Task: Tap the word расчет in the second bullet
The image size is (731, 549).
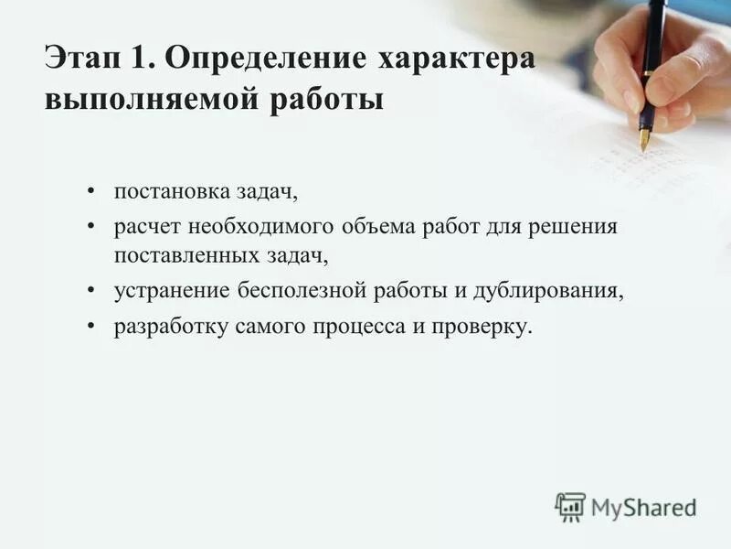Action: (142, 226)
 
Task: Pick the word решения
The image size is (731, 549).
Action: (573, 226)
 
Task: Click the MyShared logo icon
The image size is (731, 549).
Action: (570, 507)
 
